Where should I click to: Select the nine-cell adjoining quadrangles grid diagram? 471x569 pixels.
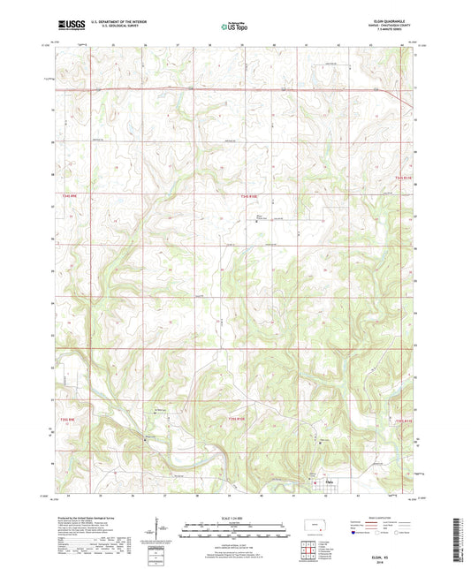point(312,553)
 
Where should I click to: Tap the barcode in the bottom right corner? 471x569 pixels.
point(458,540)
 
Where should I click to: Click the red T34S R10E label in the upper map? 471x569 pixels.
point(252,197)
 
